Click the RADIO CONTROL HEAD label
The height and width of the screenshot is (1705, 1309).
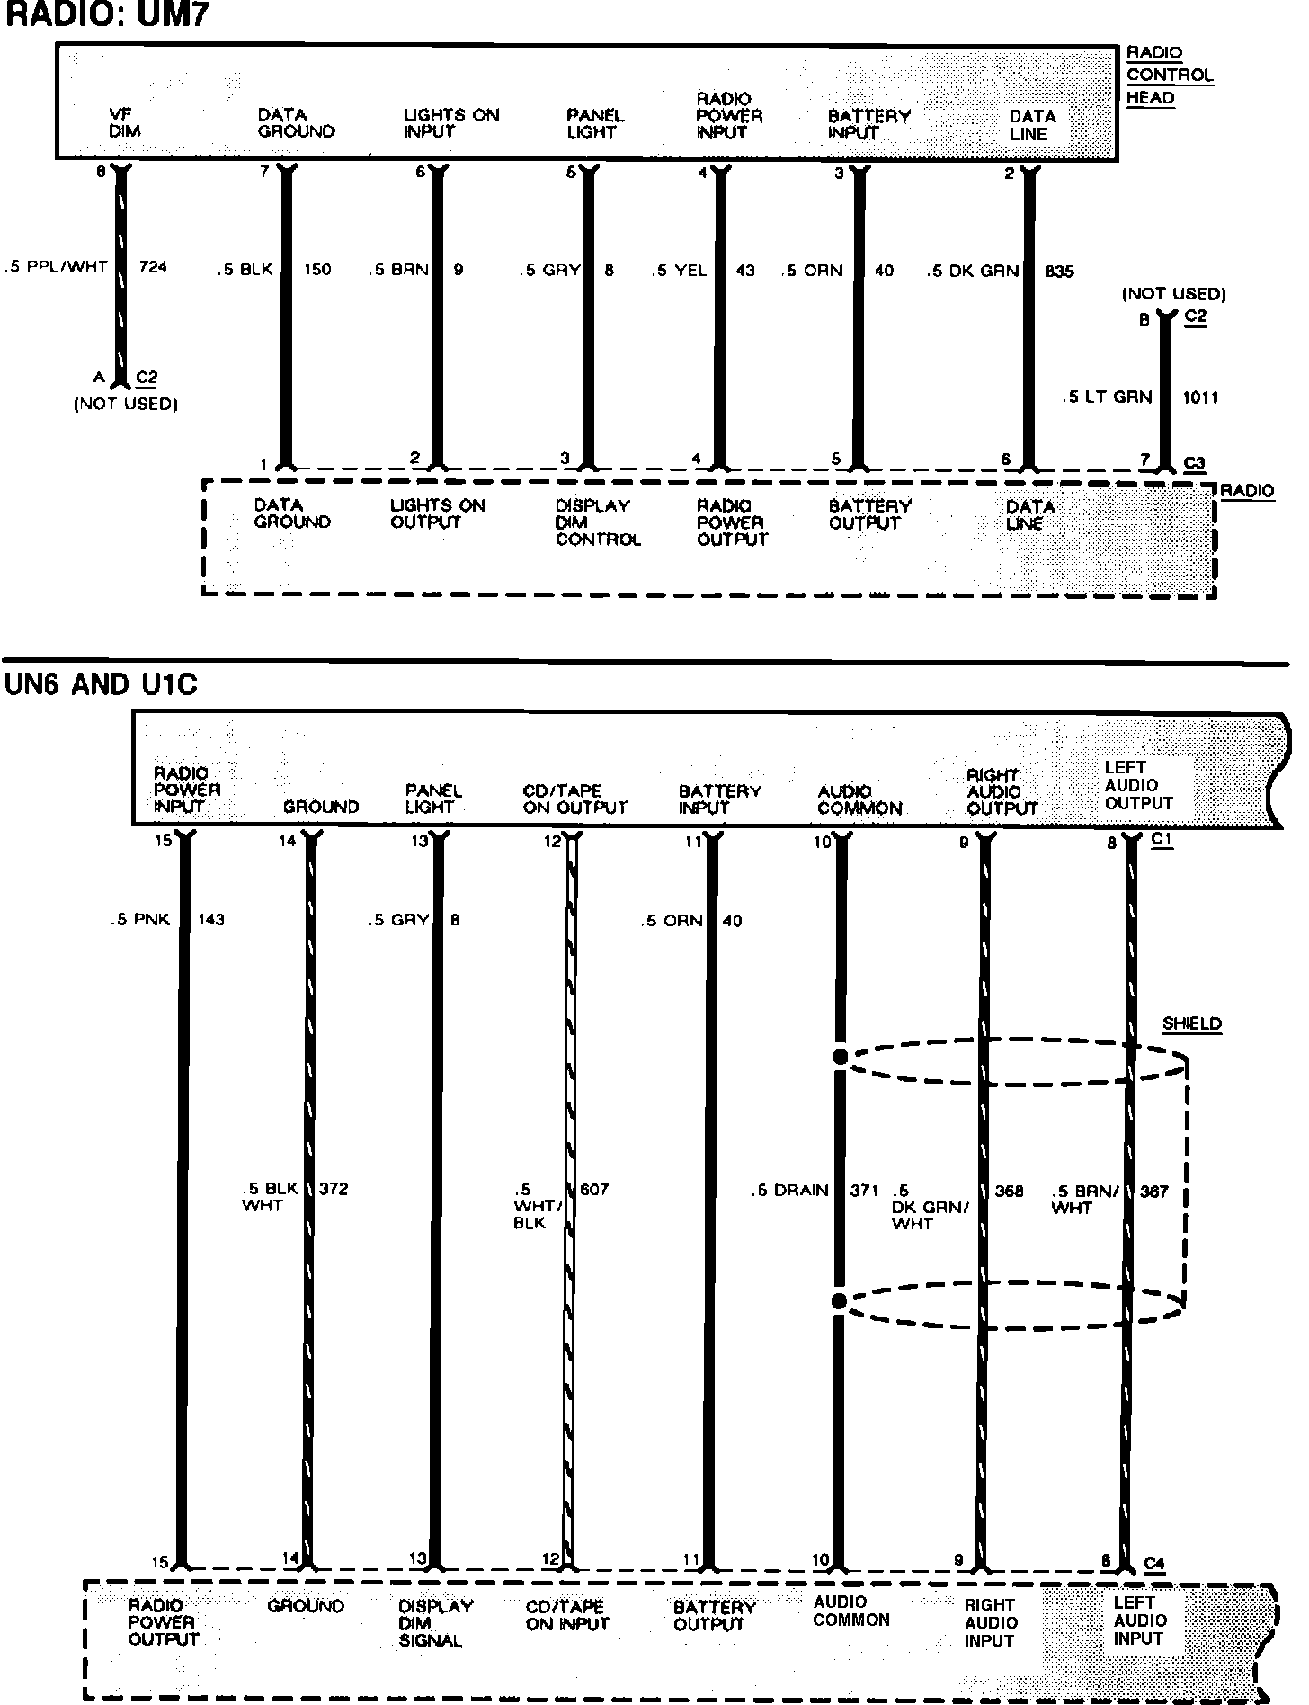[x=1169, y=76]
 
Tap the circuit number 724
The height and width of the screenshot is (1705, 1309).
[x=153, y=267]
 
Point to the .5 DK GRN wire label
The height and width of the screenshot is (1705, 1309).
[x=973, y=271]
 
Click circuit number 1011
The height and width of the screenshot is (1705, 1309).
[x=1200, y=397]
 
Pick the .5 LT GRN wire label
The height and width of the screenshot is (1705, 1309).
[x=1107, y=397]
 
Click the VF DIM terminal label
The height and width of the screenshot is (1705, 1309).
[x=124, y=123]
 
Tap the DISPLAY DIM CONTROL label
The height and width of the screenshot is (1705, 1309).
[x=597, y=522]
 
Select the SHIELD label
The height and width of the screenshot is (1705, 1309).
[x=1191, y=1023]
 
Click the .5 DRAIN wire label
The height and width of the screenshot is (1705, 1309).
[x=789, y=1191]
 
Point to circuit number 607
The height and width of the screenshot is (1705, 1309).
[x=593, y=1189]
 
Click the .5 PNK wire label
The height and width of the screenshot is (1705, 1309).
[x=140, y=919]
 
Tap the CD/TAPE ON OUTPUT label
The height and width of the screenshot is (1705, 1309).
[x=574, y=799]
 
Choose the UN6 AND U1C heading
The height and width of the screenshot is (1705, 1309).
[x=101, y=685]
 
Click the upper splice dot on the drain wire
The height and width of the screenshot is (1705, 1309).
[x=840, y=1057]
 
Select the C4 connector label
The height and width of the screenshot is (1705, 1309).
[x=1154, y=1564]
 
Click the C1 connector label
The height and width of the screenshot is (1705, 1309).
[x=1162, y=839]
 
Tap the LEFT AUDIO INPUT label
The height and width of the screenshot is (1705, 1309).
[x=1140, y=1620]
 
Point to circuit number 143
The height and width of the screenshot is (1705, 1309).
[x=210, y=919]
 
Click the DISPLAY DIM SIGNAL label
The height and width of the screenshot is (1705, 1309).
[x=435, y=1623]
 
